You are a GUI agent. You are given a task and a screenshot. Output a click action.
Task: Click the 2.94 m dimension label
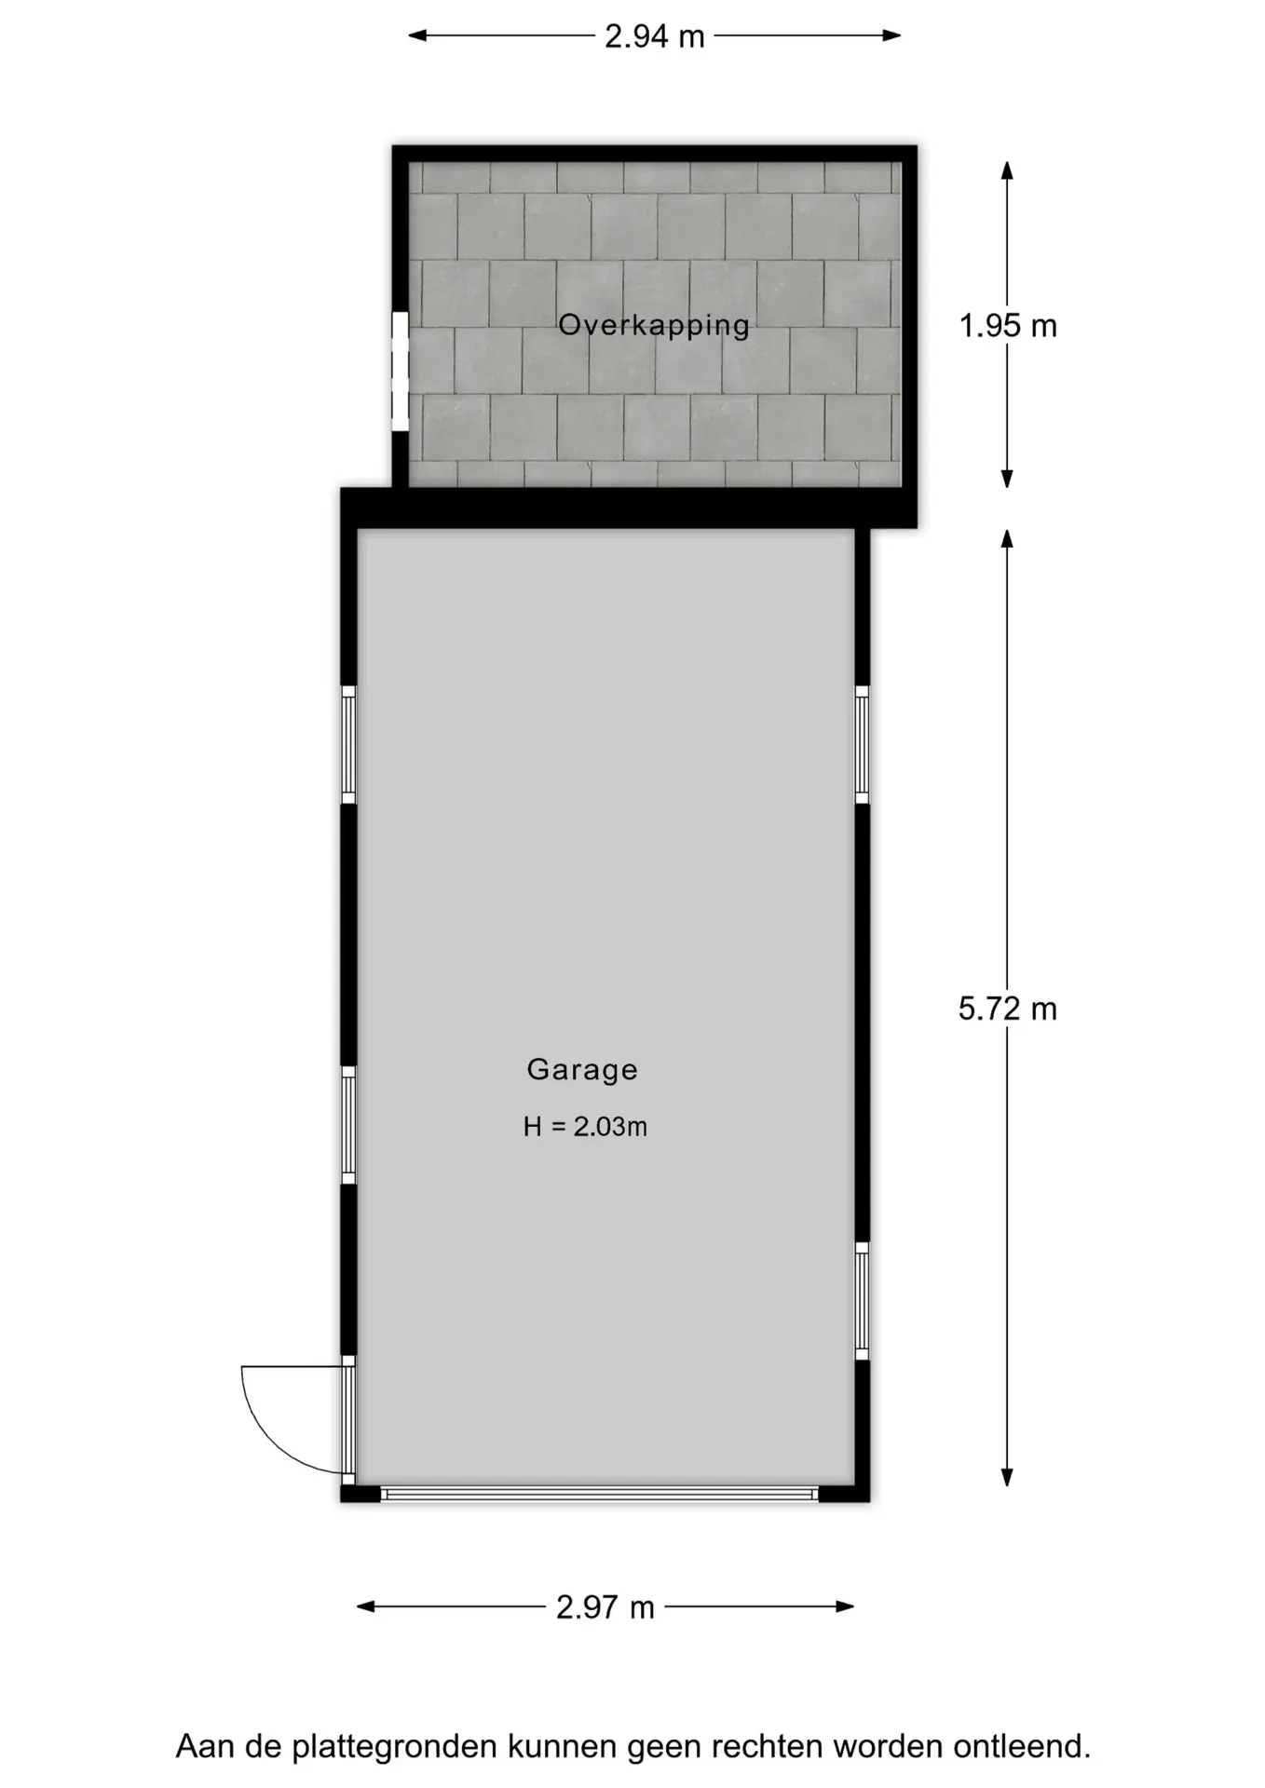(x=654, y=36)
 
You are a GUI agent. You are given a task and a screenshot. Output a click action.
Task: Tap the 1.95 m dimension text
(x=1008, y=326)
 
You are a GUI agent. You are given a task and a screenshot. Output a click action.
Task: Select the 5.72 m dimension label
(x=1008, y=1009)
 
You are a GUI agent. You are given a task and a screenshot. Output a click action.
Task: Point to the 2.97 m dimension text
(x=605, y=1606)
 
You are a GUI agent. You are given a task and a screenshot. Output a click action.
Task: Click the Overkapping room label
(x=654, y=325)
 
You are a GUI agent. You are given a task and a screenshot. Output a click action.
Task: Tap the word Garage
(x=582, y=1069)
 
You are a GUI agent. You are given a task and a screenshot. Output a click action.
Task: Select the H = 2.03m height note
(x=585, y=1127)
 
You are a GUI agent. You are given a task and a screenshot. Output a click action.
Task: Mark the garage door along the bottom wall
(x=600, y=1494)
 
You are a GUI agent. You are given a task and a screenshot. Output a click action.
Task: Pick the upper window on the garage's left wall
(x=348, y=744)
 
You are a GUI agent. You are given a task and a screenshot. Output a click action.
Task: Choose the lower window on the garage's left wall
(x=348, y=1125)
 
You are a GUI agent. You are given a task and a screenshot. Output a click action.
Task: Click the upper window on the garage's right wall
(x=863, y=744)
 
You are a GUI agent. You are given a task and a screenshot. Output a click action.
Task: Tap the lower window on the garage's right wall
(x=863, y=1301)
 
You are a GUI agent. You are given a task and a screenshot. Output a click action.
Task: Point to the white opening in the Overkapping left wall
(x=401, y=372)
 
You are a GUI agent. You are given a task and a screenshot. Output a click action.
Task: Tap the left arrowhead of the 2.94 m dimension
(x=417, y=36)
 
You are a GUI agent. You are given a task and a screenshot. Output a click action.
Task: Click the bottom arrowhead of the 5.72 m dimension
(x=1007, y=1477)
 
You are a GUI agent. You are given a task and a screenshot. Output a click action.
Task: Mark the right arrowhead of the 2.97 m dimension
(x=846, y=1606)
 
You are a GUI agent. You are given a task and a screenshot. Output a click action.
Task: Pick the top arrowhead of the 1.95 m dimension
(x=1007, y=170)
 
